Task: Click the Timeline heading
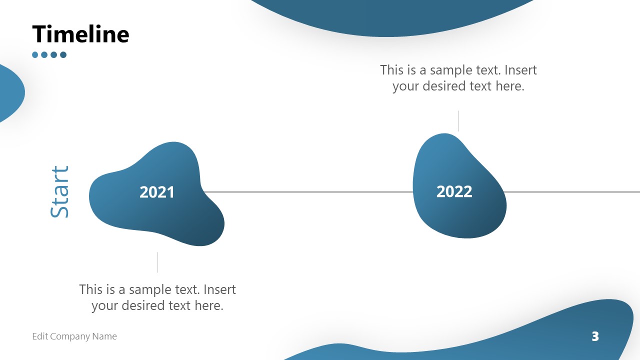(x=80, y=34)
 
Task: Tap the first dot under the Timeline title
(x=35, y=55)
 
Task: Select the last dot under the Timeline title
(x=63, y=55)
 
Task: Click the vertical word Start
(x=59, y=192)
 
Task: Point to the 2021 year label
(x=157, y=192)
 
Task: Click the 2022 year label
(x=454, y=191)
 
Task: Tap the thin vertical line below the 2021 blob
(x=157, y=262)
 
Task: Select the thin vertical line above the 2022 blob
(x=458, y=121)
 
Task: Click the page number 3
(x=595, y=336)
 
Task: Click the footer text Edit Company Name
(x=74, y=336)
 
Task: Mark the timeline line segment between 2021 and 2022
(x=307, y=191)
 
